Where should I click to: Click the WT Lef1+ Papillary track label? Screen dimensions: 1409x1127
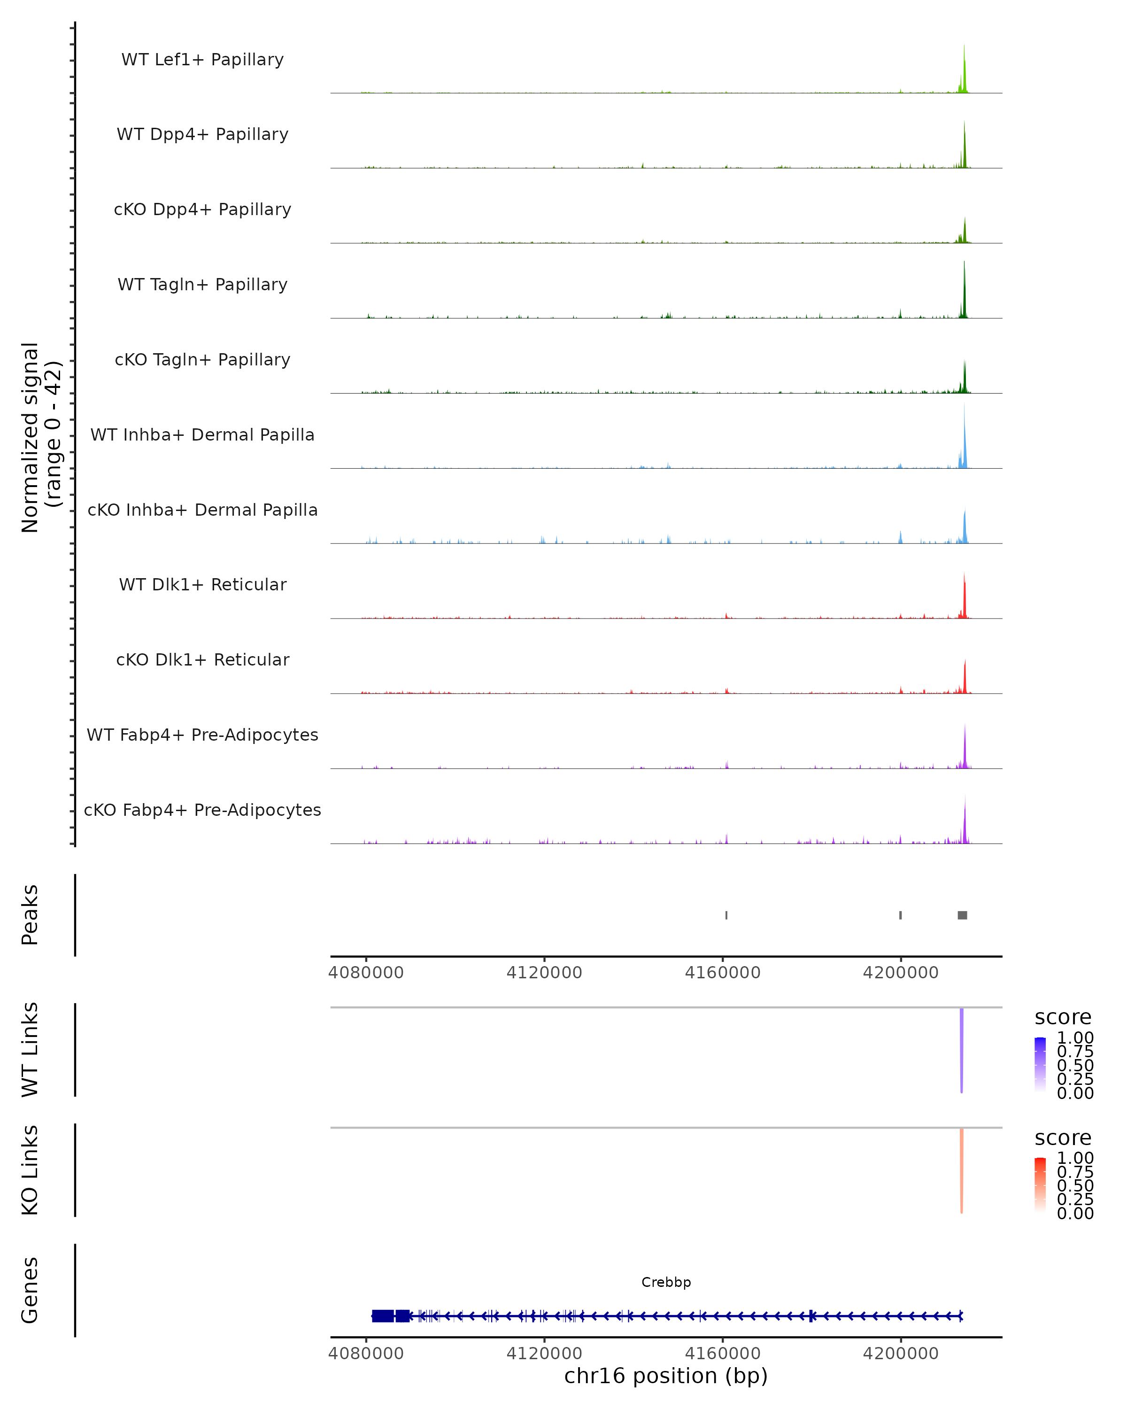[x=202, y=60]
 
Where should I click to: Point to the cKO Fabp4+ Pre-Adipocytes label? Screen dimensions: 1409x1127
[x=202, y=810]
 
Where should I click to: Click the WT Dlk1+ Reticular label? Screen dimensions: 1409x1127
[x=202, y=584]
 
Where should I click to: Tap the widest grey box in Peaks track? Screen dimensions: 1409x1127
[x=962, y=915]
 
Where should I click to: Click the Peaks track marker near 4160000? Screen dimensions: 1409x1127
[x=726, y=915]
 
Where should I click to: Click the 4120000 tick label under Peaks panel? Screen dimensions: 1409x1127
[x=544, y=973]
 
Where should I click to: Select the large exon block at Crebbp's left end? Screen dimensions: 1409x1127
[x=383, y=1316]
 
